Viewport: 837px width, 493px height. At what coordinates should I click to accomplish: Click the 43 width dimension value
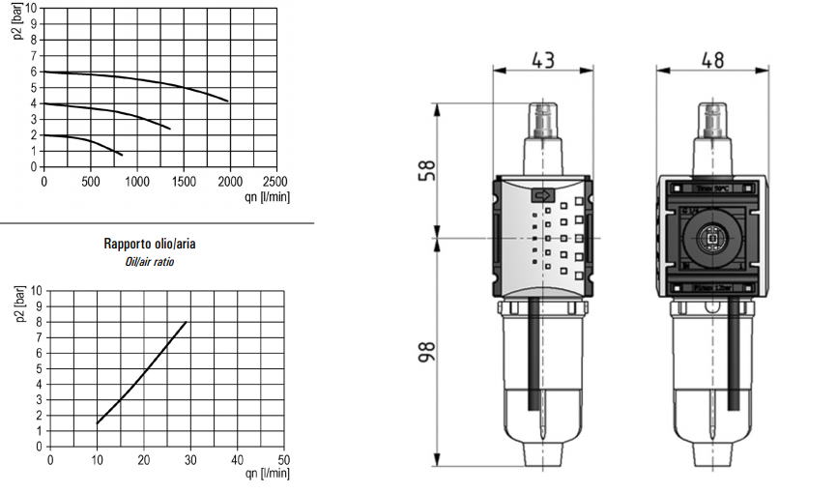tap(543, 60)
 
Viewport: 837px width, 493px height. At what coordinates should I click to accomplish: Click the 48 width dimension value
tap(711, 60)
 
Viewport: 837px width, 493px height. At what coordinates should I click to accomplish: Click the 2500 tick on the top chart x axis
tap(275, 180)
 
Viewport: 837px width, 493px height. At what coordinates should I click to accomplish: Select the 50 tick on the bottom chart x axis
tap(283, 459)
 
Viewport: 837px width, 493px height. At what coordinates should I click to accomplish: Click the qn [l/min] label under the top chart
tap(267, 195)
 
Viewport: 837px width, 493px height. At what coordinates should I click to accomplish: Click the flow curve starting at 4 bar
tap(116, 111)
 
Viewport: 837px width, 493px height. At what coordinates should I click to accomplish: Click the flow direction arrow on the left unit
tap(542, 193)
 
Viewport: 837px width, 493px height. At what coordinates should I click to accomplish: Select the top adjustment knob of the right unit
tap(711, 120)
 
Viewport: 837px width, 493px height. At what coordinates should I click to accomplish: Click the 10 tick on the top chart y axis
tap(35, 8)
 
